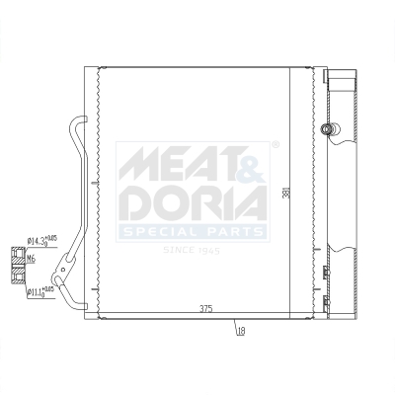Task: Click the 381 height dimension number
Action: point(285,195)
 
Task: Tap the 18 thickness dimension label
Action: point(240,332)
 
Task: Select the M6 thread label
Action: point(31,259)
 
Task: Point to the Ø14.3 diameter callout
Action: point(39,240)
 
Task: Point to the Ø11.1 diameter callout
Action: point(39,291)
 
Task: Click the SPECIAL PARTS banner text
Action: point(194,232)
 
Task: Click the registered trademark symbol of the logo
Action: point(276,145)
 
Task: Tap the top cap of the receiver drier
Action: point(342,75)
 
